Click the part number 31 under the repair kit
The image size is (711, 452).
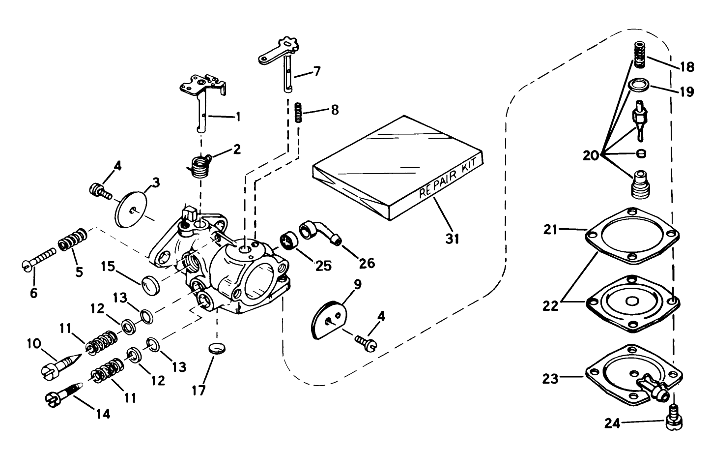[452, 239]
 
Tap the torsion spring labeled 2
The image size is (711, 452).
[199, 166]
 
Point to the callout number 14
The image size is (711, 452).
[100, 414]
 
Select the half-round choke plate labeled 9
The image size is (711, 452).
[329, 318]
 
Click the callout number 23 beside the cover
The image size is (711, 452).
[551, 379]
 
